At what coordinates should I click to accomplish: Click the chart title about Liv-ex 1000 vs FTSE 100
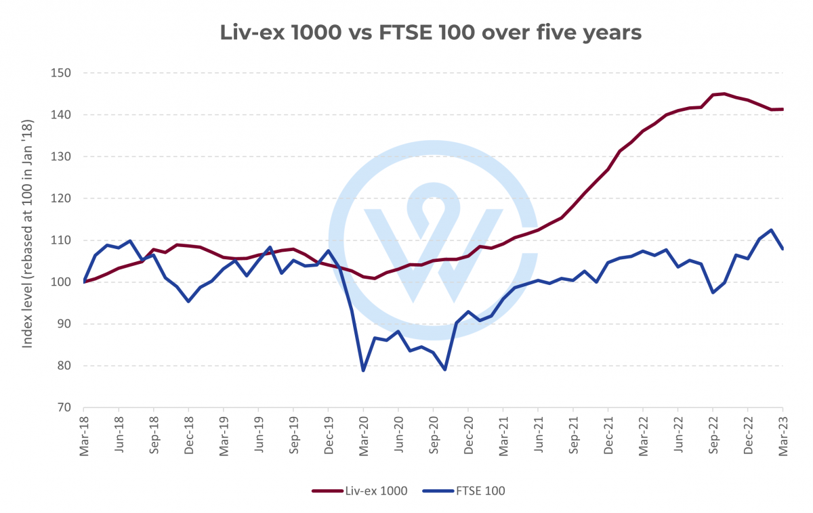point(430,32)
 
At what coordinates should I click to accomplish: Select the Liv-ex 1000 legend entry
point(360,491)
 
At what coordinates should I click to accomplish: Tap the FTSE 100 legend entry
point(463,491)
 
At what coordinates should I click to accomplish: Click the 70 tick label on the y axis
point(64,407)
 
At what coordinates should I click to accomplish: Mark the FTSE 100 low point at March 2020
point(363,371)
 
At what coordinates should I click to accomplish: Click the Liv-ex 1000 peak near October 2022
point(724,93)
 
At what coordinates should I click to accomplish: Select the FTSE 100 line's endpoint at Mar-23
point(783,249)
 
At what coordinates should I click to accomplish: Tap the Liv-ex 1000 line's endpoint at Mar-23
point(783,109)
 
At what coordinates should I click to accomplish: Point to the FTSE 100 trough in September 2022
point(713,292)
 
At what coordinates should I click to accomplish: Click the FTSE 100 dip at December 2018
point(188,301)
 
